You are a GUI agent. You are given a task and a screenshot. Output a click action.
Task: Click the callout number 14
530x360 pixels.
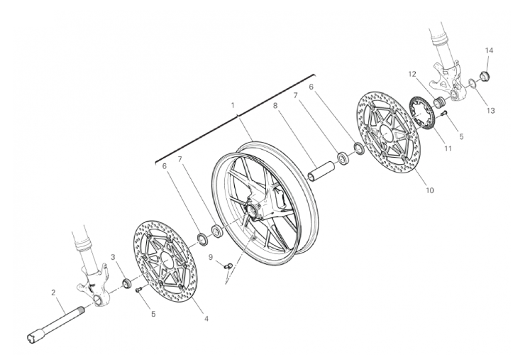click(x=489, y=50)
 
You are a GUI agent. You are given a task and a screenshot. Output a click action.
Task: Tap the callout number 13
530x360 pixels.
click(x=490, y=111)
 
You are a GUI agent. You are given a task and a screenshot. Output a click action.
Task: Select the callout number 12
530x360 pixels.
click(x=412, y=74)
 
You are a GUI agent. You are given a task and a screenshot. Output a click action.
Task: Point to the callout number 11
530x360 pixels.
click(x=448, y=148)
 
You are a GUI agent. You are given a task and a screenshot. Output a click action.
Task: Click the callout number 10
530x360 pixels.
click(x=430, y=190)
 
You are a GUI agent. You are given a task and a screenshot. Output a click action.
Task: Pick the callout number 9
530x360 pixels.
click(x=211, y=258)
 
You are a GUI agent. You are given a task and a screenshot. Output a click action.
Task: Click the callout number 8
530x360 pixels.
click(x=275, y=106)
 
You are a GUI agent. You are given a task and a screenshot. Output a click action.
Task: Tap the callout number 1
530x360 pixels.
click(x=233, y=106)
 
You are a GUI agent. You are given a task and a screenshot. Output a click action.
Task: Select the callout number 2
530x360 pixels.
click(x=53, y=293)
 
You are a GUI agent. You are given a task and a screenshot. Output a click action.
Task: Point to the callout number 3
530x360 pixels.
click(x=114, y=258)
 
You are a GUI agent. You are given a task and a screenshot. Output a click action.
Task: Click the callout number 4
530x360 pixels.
click(x=206, y=318)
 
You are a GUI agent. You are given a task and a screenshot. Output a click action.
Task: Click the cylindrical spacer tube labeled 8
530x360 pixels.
click(x=321, y=172)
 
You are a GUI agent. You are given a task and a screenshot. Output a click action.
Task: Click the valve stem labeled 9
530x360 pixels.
click(x=228, y=266)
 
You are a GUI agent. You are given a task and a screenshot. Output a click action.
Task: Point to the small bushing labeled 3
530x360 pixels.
click(x=128, y=283)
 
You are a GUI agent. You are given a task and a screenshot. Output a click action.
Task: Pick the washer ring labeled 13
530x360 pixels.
click(x=472, y=83)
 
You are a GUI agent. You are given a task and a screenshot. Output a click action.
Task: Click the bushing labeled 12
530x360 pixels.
click(x=438, y=102)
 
